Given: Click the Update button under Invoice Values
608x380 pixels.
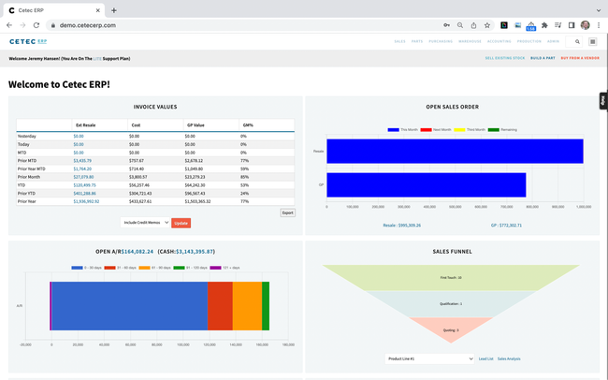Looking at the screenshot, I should tap(181, 223).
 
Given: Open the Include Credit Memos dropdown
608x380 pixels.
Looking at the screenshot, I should tap(145, 223).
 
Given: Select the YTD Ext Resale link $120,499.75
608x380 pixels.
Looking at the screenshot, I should tap(85, 185).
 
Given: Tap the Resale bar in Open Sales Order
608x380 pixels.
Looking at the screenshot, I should tap(454, 152).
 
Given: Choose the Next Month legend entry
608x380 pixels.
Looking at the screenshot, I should tap(439, 130).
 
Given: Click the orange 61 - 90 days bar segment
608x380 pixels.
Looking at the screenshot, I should tap(247, 305).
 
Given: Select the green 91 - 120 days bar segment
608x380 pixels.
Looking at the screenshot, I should tap(266, 305).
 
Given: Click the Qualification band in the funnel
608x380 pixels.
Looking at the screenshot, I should tap(450, 304).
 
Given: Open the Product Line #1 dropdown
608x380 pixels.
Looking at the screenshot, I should tap(429, 358).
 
